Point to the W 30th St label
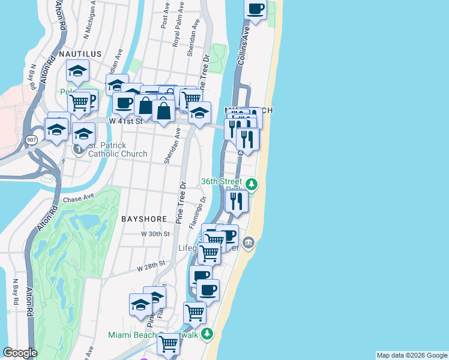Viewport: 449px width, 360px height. tap(155, 234)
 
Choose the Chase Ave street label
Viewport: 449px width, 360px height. tap(79, 197)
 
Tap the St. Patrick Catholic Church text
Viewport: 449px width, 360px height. tap(118, 149)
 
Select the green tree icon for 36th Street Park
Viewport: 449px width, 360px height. tap(253, 184)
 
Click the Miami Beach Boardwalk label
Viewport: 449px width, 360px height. tap(153, 334)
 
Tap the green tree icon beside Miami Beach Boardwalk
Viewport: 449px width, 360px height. tap(207, 334)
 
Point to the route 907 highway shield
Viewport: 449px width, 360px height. tap(31, 139)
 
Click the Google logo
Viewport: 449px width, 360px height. tap(19, 353)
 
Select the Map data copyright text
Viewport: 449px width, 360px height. tap(412, 355)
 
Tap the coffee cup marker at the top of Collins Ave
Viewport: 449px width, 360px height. tap(256, 9)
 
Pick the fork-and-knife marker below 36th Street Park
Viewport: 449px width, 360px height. tap(237, 200)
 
